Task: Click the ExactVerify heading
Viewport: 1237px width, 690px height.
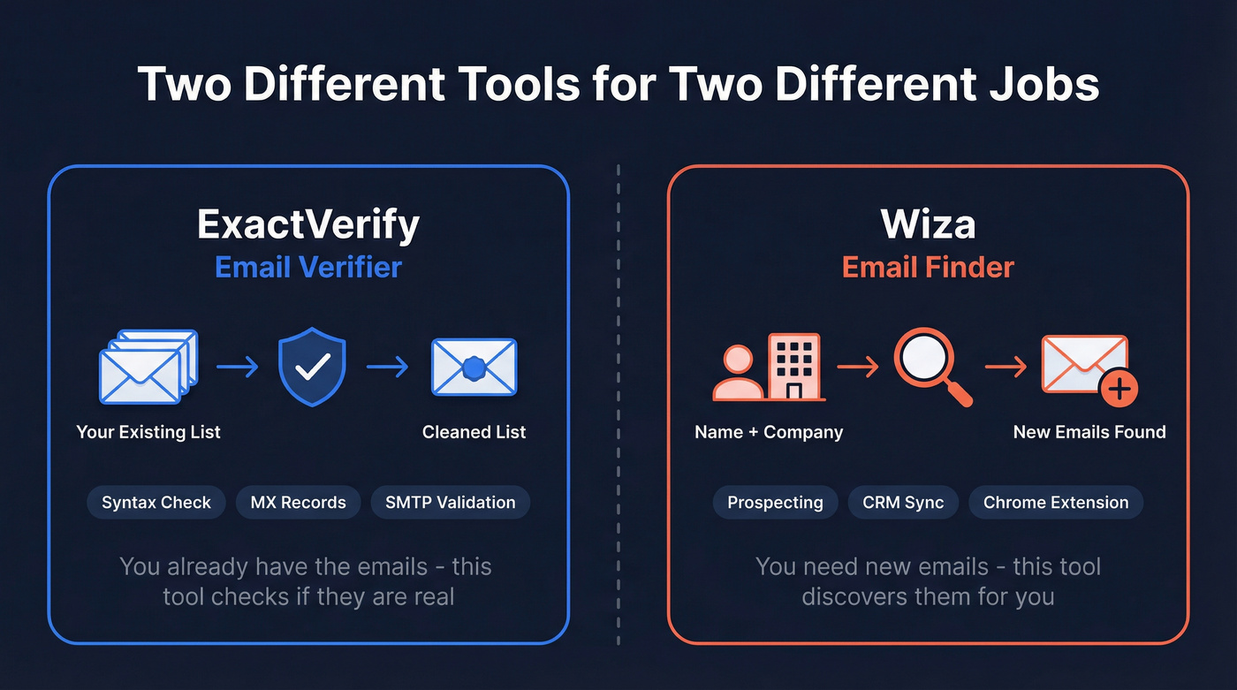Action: tap(308, 224)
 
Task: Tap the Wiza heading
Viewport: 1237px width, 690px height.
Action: tap(928, 224)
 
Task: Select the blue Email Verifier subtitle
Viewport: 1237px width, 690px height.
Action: tap(308, 267)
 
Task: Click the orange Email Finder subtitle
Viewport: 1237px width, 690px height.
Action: tap(928, 267)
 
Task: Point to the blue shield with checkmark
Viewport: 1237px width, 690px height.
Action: tap(312, 368)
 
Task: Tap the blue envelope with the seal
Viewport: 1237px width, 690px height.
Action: tap(474, 367)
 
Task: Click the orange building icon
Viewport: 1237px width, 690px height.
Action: tap(793, 367)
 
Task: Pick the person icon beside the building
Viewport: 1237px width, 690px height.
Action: tap(738, 374)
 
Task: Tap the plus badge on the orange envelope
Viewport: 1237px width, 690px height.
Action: tap(1119, 388)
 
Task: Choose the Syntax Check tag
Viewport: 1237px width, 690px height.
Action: tap(156, 503)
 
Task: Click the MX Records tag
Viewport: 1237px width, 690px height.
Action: tap(298, 503)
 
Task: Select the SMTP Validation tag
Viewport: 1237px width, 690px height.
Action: tap(450, 503)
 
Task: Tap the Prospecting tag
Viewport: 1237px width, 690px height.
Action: tap(775, 503)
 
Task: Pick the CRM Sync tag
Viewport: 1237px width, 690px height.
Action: tap(903, 503)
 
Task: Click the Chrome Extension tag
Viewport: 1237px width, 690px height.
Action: tap(1056, 503)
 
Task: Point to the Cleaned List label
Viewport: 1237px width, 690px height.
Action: tap(474, 432)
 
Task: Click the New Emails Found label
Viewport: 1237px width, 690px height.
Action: tap(1089, 432)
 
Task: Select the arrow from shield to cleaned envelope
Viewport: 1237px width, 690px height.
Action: tap(387, 367)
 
